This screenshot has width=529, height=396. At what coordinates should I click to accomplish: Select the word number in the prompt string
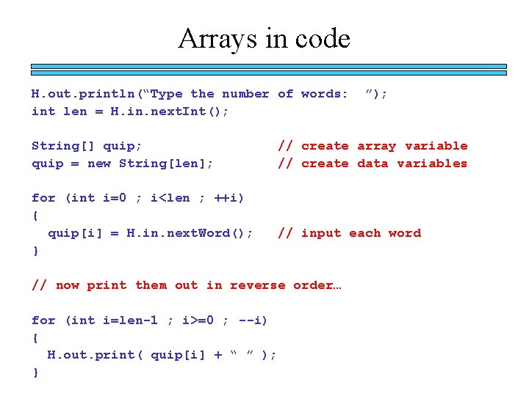coord(245,94)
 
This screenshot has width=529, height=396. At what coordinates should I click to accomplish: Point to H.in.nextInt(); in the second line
coord(170,111)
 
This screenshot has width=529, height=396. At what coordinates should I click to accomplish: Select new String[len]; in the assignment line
coord(151,164)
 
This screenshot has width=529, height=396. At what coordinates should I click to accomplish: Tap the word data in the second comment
coord(373,164)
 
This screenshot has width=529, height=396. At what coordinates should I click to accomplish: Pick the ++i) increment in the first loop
coord(229,198)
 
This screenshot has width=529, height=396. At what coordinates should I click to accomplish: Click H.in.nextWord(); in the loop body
coord(190,233)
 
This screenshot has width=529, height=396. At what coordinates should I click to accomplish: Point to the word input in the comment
coord(321,233)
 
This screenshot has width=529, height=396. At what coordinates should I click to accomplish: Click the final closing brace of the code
coord(35,373)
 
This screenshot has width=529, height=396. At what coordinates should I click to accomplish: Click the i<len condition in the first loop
coord(170,198)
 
